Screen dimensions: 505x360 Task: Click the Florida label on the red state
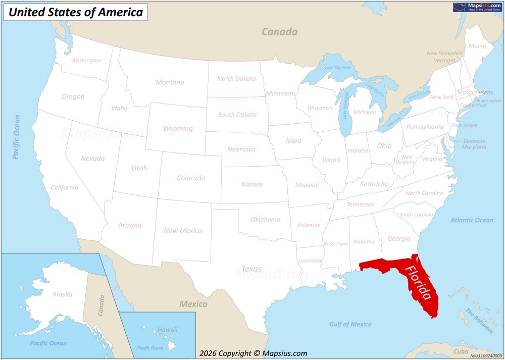(419, 283)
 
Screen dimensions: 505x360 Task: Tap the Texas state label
(251, 269)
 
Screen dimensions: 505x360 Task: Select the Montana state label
(170, 82)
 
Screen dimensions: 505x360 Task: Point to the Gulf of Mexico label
(350, 324)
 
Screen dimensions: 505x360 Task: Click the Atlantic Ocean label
(472, 220)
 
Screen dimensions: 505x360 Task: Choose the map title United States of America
(76, 13)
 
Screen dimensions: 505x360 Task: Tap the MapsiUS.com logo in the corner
(477, 7)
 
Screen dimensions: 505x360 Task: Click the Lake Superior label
(337, 68)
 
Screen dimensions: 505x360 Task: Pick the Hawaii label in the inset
(168, 330)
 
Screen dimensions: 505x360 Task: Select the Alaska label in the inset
(62, 294)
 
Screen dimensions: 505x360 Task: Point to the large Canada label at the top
(279, 32)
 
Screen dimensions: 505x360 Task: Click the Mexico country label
(193, 304)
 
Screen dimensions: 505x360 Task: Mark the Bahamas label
(479, 321)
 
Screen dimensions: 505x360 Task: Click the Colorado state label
(191, 178)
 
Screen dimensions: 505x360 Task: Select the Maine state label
(477, 46)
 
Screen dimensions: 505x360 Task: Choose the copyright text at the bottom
(253, 353)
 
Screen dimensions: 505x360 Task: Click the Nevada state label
(93, 159)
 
